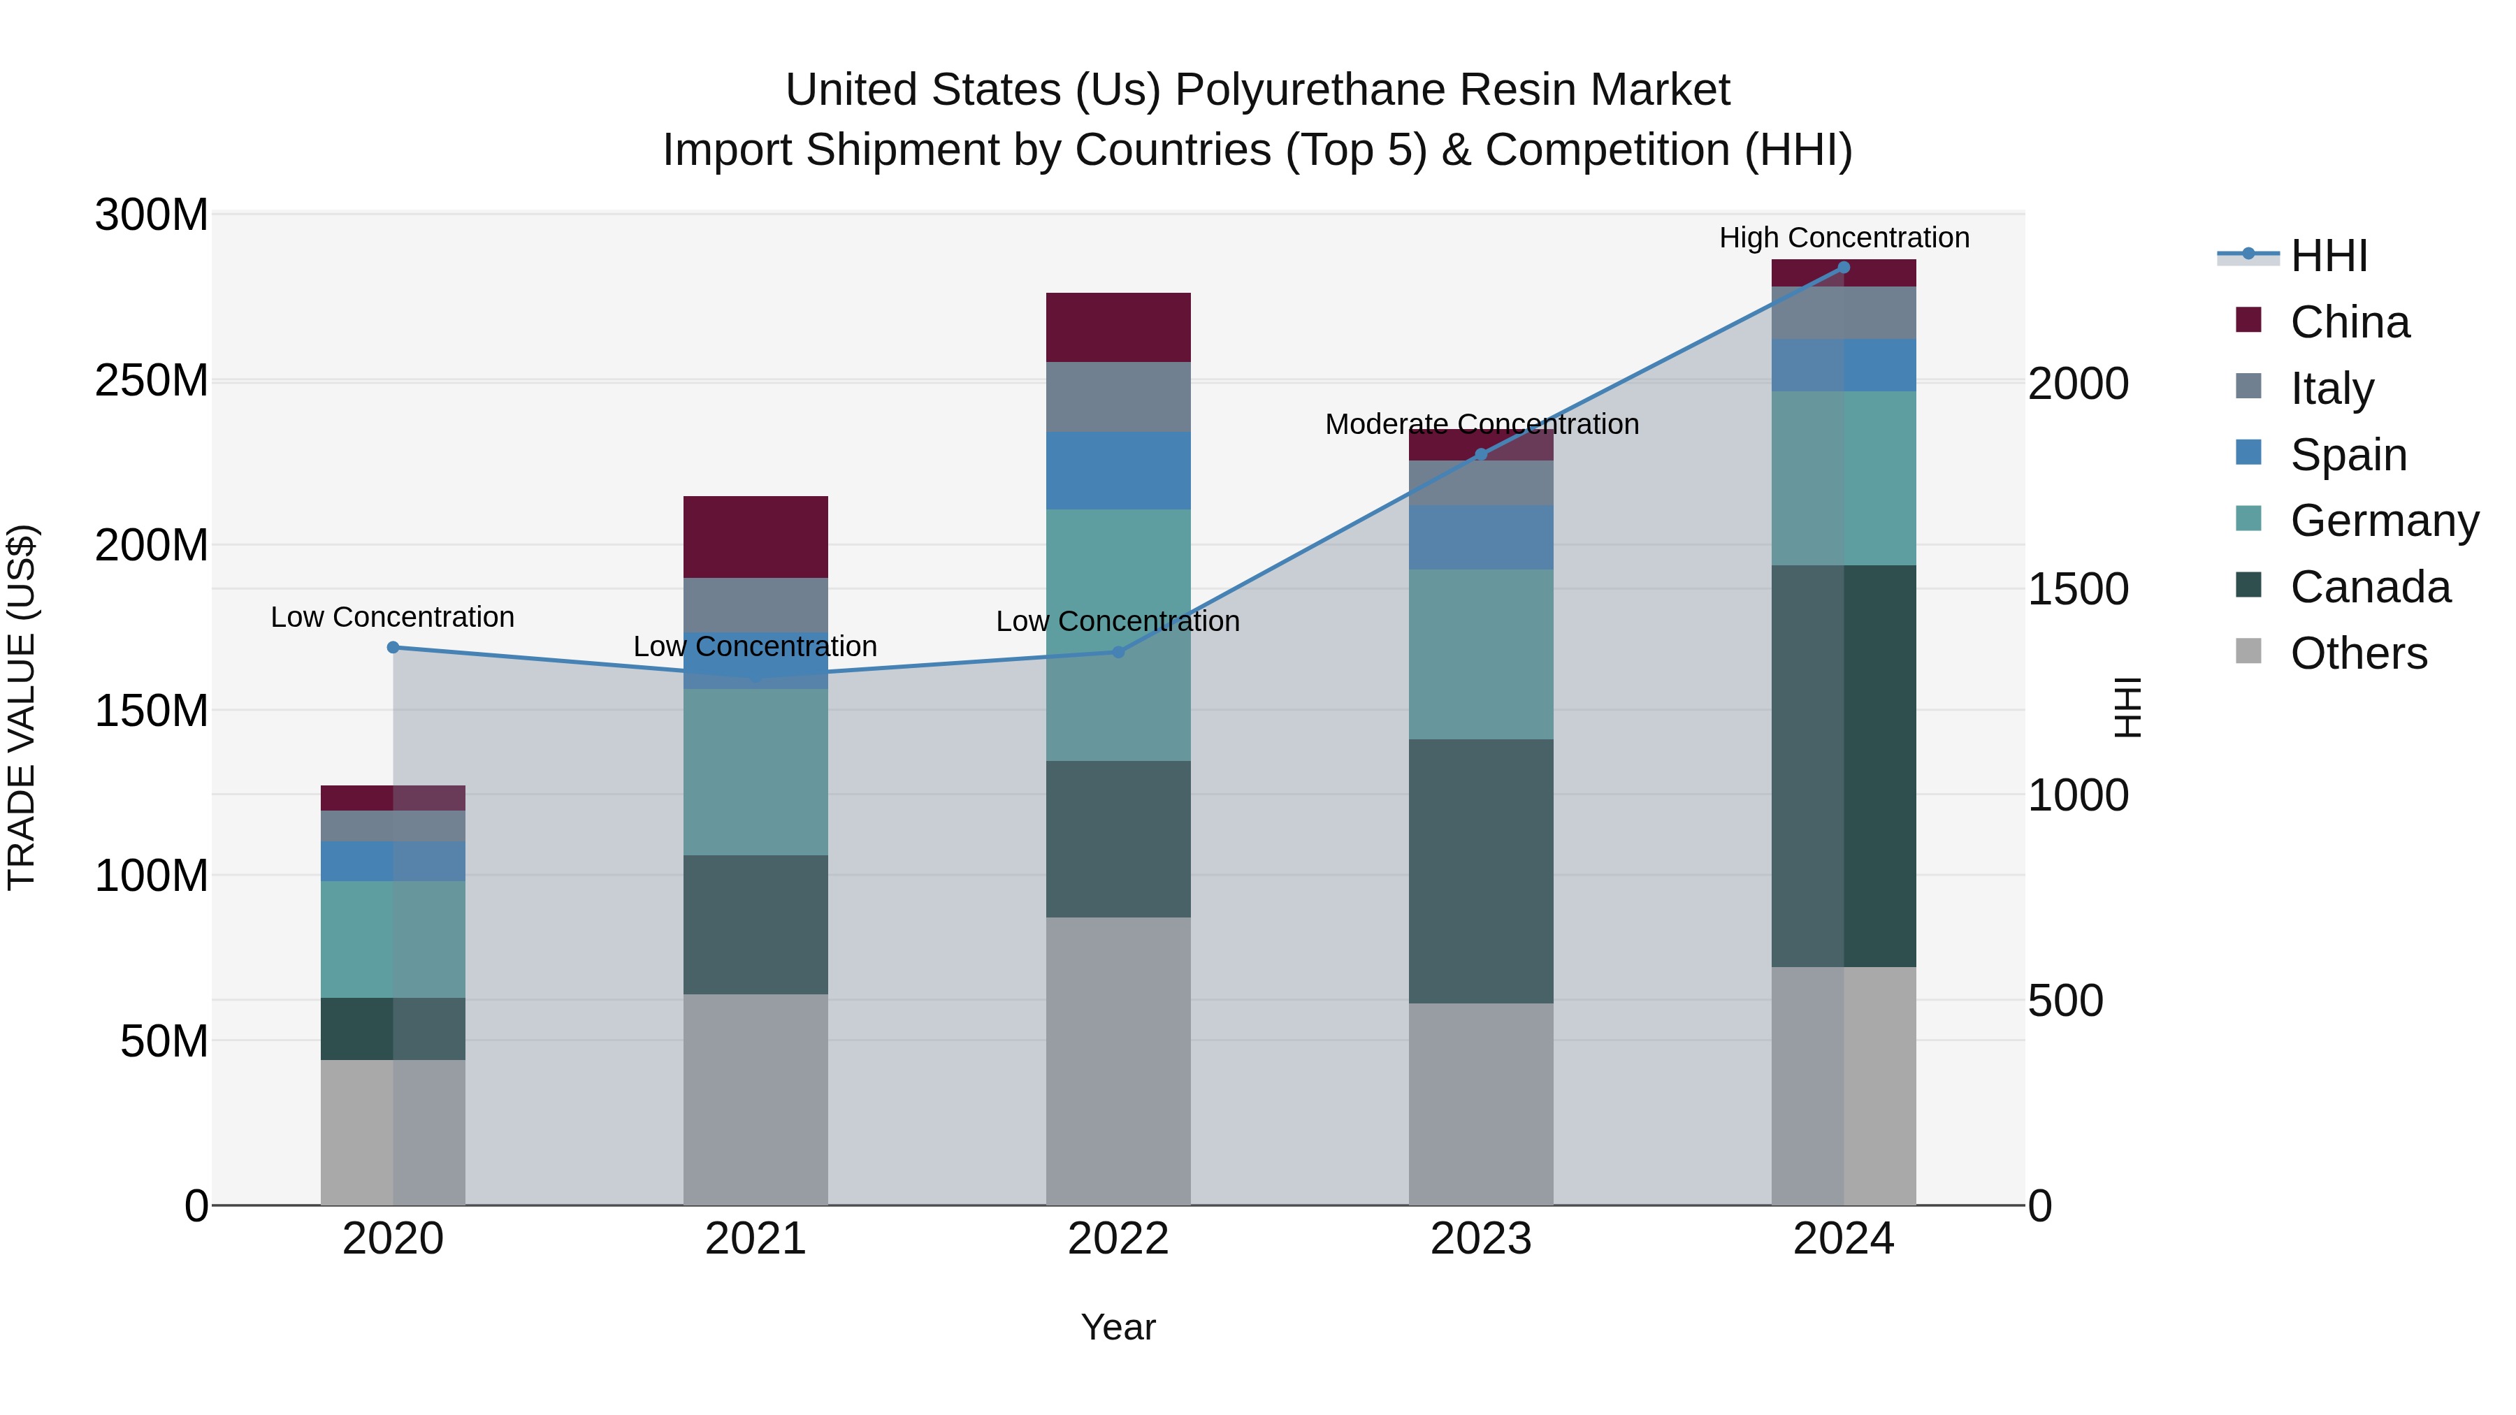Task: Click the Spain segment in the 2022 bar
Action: pos(1118,471)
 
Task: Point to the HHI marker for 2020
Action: pos(393,648)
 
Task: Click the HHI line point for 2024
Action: pos(1843,268)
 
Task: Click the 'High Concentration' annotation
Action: pos(1843,238)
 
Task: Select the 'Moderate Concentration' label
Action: pos(1481,425)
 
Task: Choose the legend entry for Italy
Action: pos(2331,389)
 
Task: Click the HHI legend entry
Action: pos(2329,256)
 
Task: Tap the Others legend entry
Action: pos(2358,653)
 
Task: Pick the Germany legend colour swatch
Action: pos(2248,518)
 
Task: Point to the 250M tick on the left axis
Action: pos(152,380)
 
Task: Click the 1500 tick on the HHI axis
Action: pos(2078,589)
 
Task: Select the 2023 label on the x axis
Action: pos(1481,1239)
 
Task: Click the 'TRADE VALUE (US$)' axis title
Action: pos(22,707)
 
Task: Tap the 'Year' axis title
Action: pos(1118,1327)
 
